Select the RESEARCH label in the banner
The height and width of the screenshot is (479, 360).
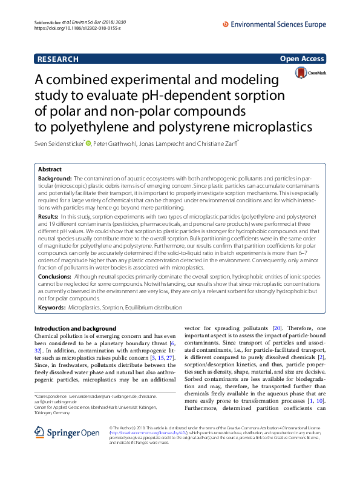point(58,59)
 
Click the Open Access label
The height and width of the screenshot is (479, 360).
point(303,59)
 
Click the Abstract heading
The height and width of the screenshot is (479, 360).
point(50,170)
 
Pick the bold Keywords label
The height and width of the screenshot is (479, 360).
point(52,308)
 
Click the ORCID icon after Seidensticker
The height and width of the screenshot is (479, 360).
point(88,144)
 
